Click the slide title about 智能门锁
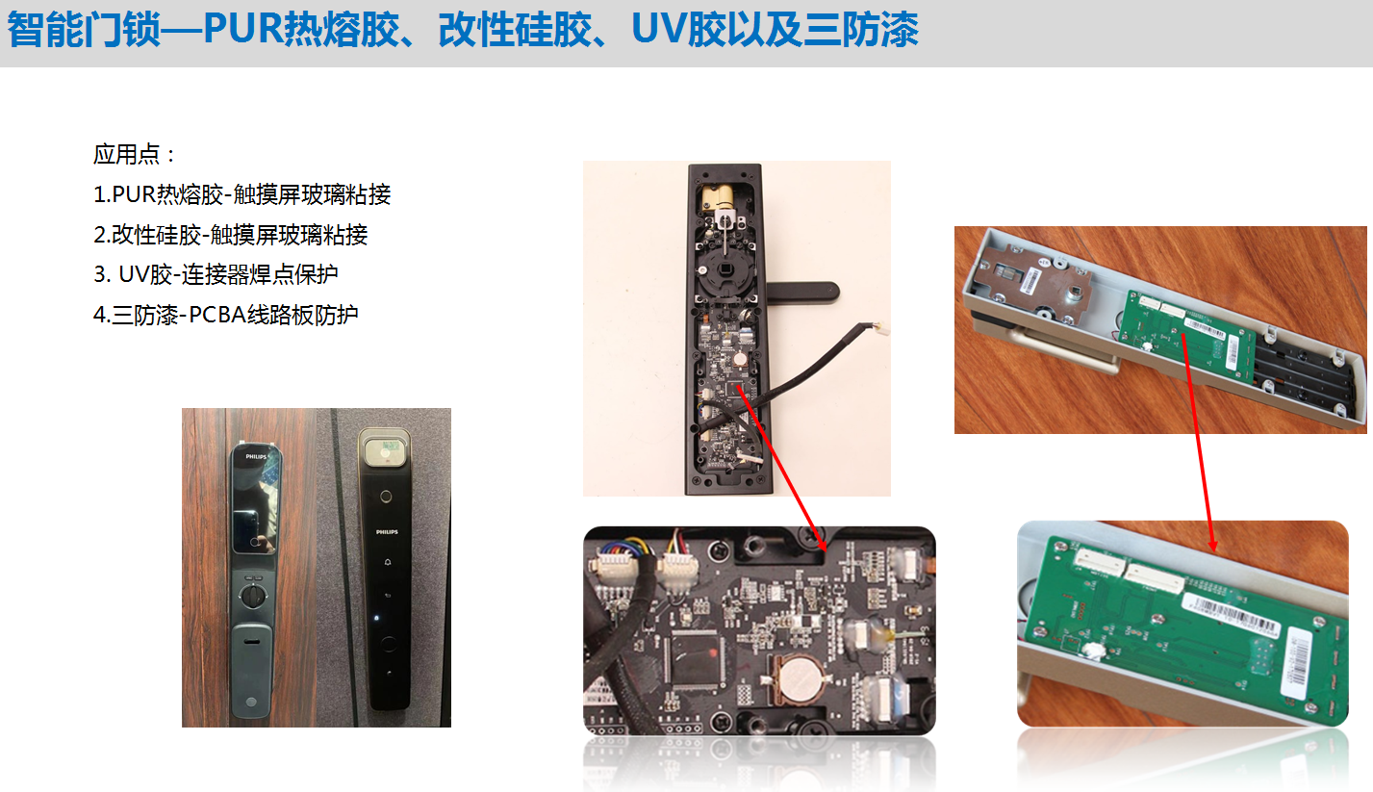(463, 30)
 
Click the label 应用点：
(135, 155)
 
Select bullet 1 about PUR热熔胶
(242, 194)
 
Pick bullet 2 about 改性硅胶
(231, 235)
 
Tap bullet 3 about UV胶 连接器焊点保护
(216, 274)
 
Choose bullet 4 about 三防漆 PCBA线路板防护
(225, 315)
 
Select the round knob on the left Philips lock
(252, 595)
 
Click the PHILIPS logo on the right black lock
(387, 531)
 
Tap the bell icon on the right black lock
(388, 562)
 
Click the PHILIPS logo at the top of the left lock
(256, 456)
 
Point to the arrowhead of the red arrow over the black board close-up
(823, 545)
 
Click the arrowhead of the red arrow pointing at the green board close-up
(1212, 545)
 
